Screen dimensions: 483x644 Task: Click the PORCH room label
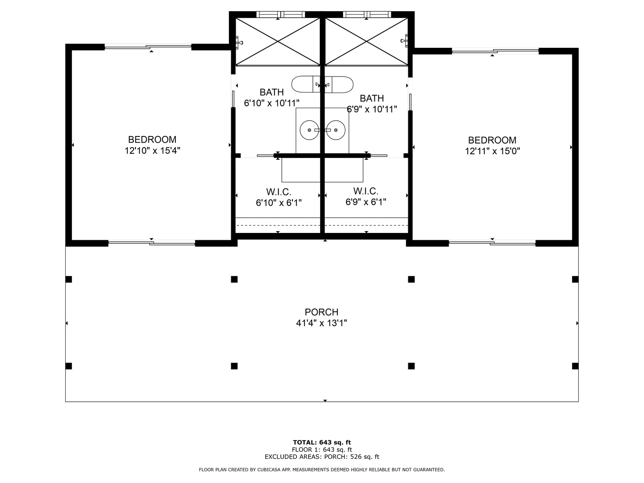pyautogui.click(x=322, y=312)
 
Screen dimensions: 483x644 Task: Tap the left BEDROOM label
pyautogui.click(x=152, y=140)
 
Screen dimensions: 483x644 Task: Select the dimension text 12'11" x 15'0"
pyautogui.click(x=492, y=151)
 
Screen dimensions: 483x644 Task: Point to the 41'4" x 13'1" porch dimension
pyautogui.click(x=322, y=323)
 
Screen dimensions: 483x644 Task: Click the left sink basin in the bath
pyautogui.click(x=309, y=130)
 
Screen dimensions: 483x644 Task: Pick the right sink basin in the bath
pyautogui.click(x=336, y=130)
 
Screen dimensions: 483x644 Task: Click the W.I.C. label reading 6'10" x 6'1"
pyautogui.click(x=279, y=203)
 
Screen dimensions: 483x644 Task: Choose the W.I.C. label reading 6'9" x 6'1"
pyautogui.click(x=366, y=202)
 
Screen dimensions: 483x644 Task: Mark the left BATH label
pyautogui.click(x=271, y=92)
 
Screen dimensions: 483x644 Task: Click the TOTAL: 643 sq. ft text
pyautogui.click(x=322, y=442)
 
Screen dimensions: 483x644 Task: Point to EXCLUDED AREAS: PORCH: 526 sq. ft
pyautogui.click(x=322, y=457)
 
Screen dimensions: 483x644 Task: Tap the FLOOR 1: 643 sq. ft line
pyautogui.click(x=322, y=449)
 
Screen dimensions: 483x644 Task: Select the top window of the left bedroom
pyautogui.click(x=148, y=47)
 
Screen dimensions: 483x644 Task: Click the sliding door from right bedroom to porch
pyautogui.click(x=492, y=243)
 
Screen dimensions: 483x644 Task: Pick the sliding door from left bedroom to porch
pyautogui.click(x=152, y=243)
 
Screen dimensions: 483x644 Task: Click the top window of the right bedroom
pyautogui.click(x=495, y=51)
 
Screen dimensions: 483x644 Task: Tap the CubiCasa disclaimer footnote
pyautogui.click(x=322, y=470)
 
